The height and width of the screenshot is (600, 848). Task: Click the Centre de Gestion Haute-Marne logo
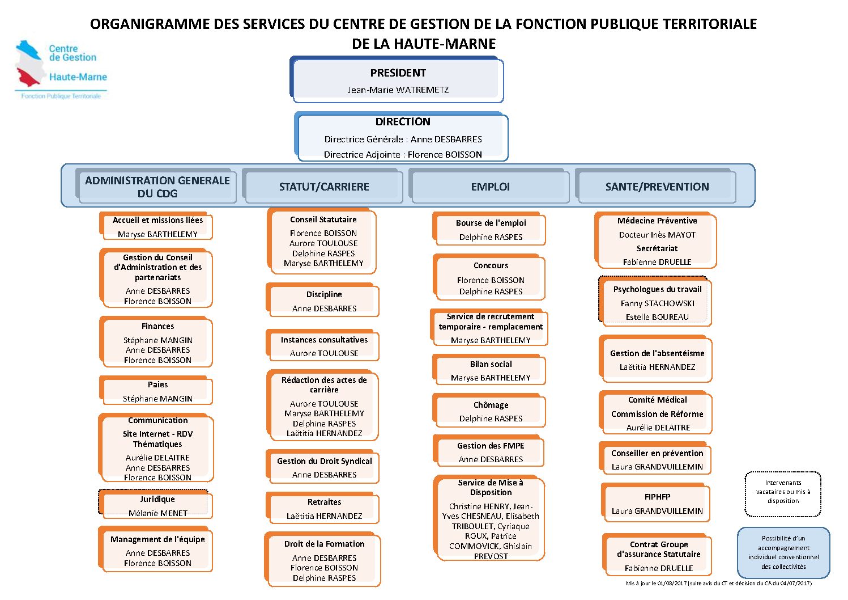pyautogui.click(x=61, y=70)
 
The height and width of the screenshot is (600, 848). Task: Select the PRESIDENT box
pyautogui.click(x=397, y=79)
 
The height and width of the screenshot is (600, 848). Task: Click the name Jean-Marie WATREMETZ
pyautogui.click(x=398, y=90)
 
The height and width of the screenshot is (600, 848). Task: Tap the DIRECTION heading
pyautogui.click(x=403, y=122)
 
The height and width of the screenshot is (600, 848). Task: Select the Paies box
pyautogui.click(x=156, y=390)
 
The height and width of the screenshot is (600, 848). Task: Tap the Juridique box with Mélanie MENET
pyautogui.click(x=156, y=505)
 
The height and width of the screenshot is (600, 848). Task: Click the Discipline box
pyautogui.click(x=322, y=300)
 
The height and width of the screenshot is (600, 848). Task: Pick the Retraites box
pyautogui.click(x=322, y=508)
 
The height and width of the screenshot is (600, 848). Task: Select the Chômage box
pyautogui.click(x=489, y=411)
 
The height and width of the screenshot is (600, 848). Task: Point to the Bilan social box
pyautogui.click(x=489, y=370)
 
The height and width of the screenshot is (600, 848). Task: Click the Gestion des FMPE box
pyautogui.click(x=489, y=451)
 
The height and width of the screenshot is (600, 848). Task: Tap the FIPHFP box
pyautogui.click(x=656, y=502)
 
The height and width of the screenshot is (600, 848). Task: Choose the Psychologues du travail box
pyautogui.click(x=655, y=301)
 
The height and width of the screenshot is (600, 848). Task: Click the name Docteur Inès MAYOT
pyautogui.click(x=657, y=235)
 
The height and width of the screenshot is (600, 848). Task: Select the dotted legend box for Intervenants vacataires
pyautogui.click(x=783, y=495)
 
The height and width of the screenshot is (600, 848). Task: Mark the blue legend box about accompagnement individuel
pyautogui.click(x=783, y=552)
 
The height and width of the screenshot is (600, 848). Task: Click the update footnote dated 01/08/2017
pyautogui.click(x=718, y=584)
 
